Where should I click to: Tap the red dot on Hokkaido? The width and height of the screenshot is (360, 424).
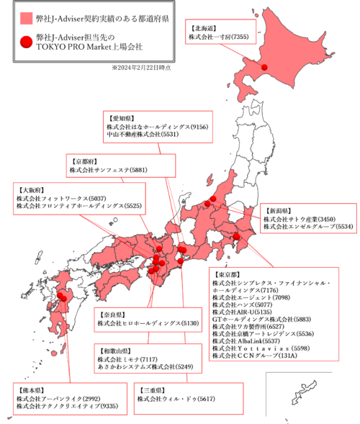[265, 68]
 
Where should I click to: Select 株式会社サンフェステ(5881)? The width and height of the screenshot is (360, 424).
[109, 170]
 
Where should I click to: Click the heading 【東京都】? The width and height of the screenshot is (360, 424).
[228, 275]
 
